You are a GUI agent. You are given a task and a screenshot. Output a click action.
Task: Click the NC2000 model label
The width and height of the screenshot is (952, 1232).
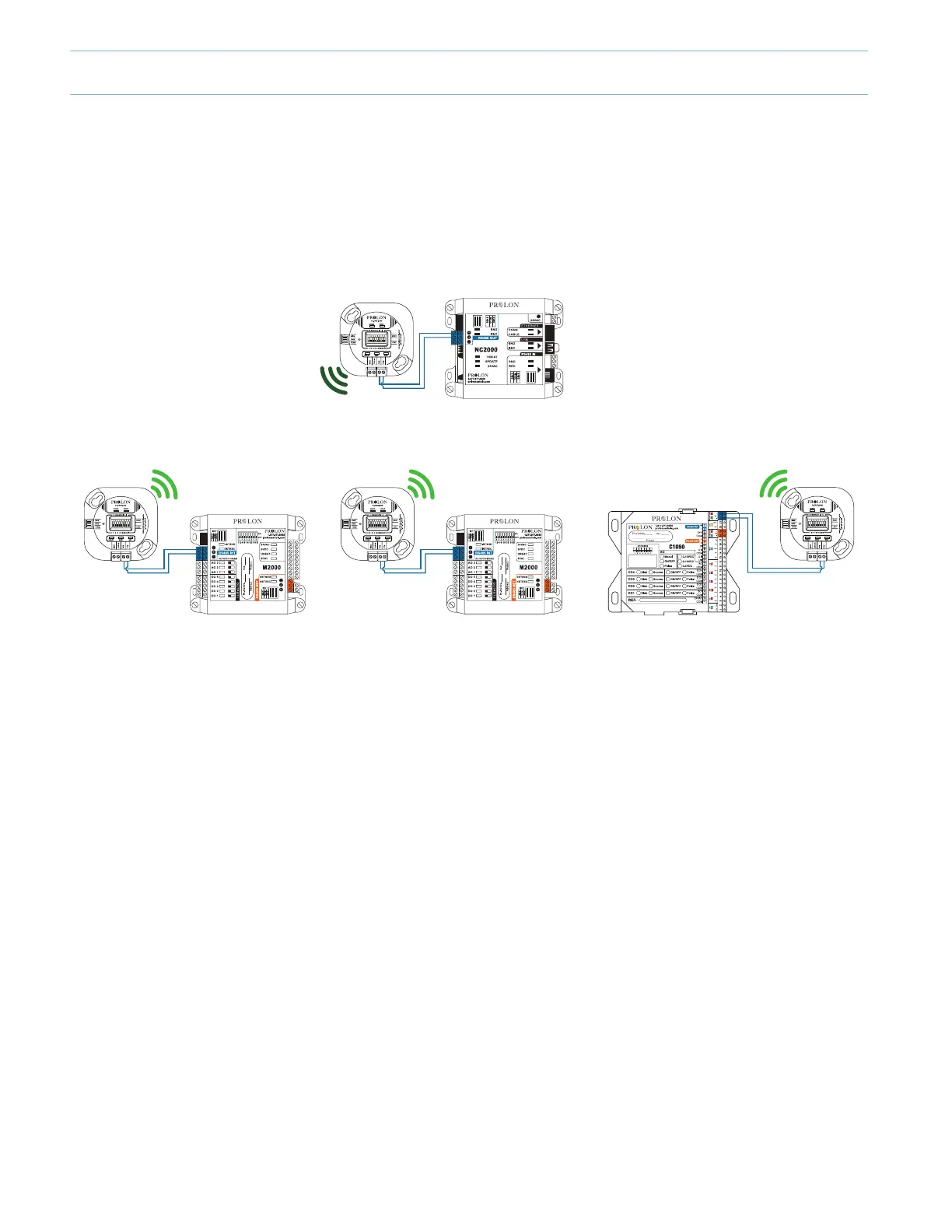486,350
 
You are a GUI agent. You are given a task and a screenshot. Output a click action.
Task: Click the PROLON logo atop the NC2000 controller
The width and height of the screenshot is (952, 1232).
503,305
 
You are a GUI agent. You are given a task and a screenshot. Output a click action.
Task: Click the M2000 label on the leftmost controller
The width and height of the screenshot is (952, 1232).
271,568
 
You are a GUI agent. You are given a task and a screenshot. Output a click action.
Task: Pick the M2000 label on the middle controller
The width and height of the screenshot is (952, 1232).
528,568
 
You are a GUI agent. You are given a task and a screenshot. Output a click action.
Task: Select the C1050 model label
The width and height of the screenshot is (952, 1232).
677,547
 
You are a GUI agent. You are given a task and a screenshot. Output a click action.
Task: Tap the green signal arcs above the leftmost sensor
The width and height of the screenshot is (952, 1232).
165,483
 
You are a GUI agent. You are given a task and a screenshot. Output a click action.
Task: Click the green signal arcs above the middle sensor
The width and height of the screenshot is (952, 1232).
422,483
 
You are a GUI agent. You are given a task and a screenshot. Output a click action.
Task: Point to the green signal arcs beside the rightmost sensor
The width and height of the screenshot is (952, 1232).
775,486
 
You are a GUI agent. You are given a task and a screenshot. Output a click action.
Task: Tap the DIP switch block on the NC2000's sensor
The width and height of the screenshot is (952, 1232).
376,340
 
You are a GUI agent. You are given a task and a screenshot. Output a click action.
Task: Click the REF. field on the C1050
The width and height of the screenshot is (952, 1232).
657,600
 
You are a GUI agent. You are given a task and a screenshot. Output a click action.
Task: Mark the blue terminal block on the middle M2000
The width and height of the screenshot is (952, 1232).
455,553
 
